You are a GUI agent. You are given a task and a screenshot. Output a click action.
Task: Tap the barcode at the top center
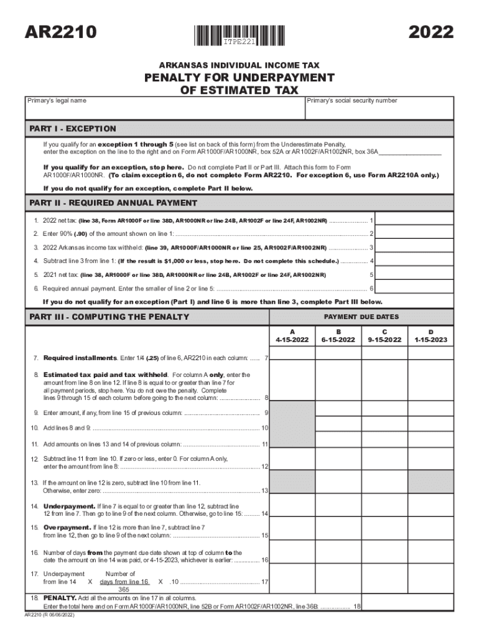(x=240, y=34)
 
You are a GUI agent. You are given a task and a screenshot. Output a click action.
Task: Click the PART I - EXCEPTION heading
(x=73, y=129)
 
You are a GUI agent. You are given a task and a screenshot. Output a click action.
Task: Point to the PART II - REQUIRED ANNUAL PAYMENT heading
(x=113, y=203)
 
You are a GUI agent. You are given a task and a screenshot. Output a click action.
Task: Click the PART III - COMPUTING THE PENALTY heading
(x=109, y=317)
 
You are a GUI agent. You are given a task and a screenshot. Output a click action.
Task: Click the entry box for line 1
(x=416, y=220)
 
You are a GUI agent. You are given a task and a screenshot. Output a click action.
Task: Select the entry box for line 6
(x=416, y=288)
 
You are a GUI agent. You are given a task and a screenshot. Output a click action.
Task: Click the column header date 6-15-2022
(x=339, y=340)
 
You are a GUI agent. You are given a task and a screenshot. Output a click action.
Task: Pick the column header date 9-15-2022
(x=385, y=340)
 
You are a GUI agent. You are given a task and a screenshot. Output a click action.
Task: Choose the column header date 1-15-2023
(x=431, y=340)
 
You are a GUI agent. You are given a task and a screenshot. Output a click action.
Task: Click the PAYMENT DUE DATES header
(x=361, y=317)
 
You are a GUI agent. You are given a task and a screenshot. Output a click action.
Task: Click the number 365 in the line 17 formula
(x=124, y=589)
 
